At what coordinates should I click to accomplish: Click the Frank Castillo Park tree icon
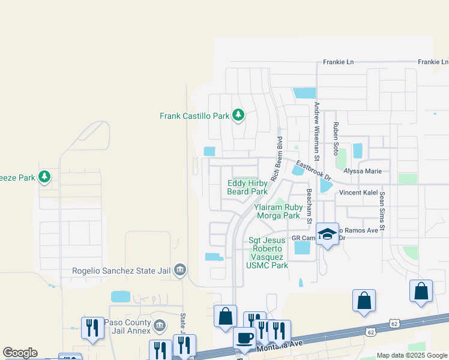pos(238,115)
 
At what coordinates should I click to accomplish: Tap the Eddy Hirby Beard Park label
pos(247,188)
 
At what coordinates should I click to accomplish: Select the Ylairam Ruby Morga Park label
pos(277,211)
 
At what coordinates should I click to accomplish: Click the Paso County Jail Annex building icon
pos(159,326)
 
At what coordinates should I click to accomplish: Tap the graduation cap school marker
pos(327,235)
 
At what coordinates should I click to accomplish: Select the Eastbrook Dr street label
pos(313,170)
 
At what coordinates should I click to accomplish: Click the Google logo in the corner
pos(20,353)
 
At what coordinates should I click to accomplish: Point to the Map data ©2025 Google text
pos(412,355)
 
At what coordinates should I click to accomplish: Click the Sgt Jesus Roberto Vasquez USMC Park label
pos(268,252)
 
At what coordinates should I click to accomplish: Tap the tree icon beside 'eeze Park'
pos(44,177)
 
